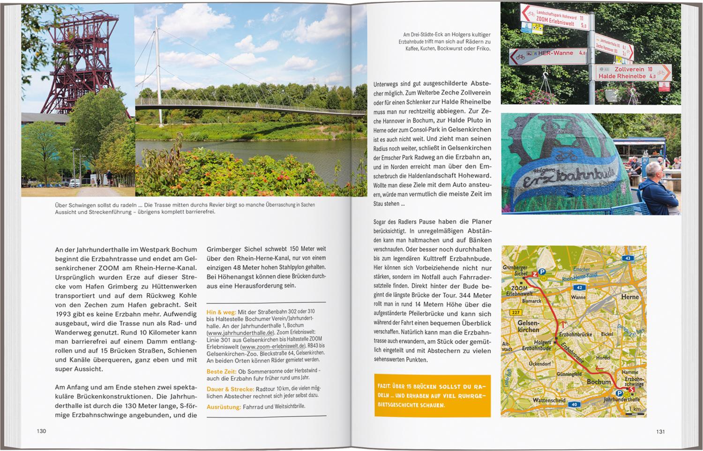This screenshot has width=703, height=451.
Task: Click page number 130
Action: coord(41,431)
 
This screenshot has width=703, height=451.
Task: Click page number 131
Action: coord(660,432)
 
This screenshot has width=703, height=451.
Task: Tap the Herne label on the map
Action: coord(630,297)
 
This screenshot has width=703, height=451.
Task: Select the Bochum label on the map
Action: coord(598,382)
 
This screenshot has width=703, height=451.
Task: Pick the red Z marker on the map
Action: coord(534,272)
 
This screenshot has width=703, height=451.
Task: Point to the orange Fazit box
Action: coord(432,396)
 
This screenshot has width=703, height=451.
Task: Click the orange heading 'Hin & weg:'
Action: coord(221,311)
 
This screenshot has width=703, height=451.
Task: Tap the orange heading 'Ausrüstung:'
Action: coord(223,407)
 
